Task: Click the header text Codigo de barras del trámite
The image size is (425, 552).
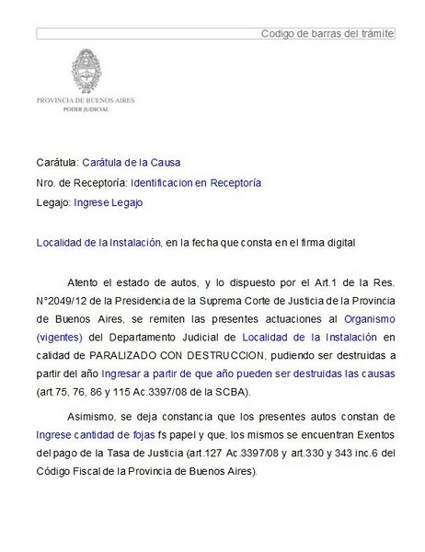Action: tap(327, 33)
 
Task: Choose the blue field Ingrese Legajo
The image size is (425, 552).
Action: tap(108, 201)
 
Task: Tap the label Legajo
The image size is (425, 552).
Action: tap(52, 201)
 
